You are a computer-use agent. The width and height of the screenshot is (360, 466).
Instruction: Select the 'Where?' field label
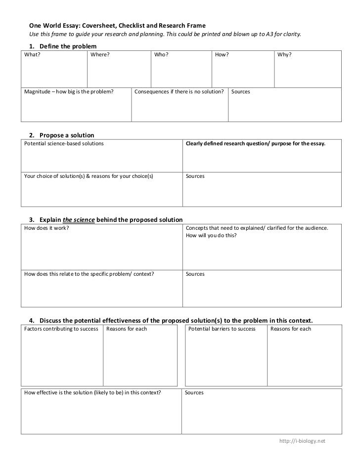tap(100, 55)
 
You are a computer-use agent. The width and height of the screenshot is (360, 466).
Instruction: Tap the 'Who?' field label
tap(161, 55)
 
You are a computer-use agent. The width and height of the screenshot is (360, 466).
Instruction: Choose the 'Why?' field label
tap(284, 55)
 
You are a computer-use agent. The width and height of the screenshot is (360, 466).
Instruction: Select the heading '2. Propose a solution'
tap(61, 135)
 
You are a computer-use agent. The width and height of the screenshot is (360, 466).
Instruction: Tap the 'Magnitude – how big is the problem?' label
tap(69, 92)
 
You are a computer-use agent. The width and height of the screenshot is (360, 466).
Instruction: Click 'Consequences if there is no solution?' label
tap(179, 92)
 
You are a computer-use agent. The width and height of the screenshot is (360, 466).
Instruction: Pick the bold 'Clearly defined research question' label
tap(255, 144)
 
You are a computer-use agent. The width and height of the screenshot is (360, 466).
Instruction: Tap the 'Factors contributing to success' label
tap(61, 329)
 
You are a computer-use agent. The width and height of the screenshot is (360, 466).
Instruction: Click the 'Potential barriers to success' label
tap(222, 329)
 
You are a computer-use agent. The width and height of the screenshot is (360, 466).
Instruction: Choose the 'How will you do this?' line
tap(211, 236)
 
